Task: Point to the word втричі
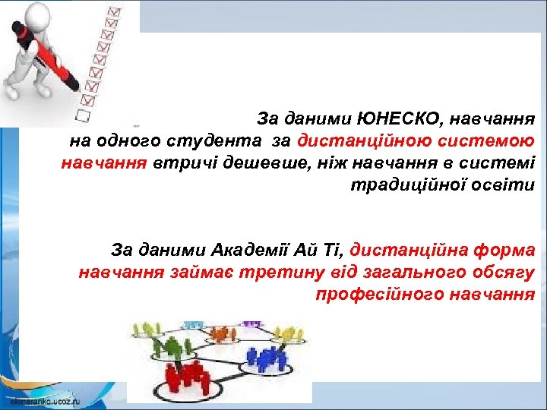pyautogui.click(x=179, y=162)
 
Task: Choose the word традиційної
pyautogui.click(x=406, y=184)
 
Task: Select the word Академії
pyautogui.click(x=255, y=249)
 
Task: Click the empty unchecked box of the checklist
pyautogui.click(x=83, y=116)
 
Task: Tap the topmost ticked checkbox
pyautogui.click(x=115, y=12)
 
